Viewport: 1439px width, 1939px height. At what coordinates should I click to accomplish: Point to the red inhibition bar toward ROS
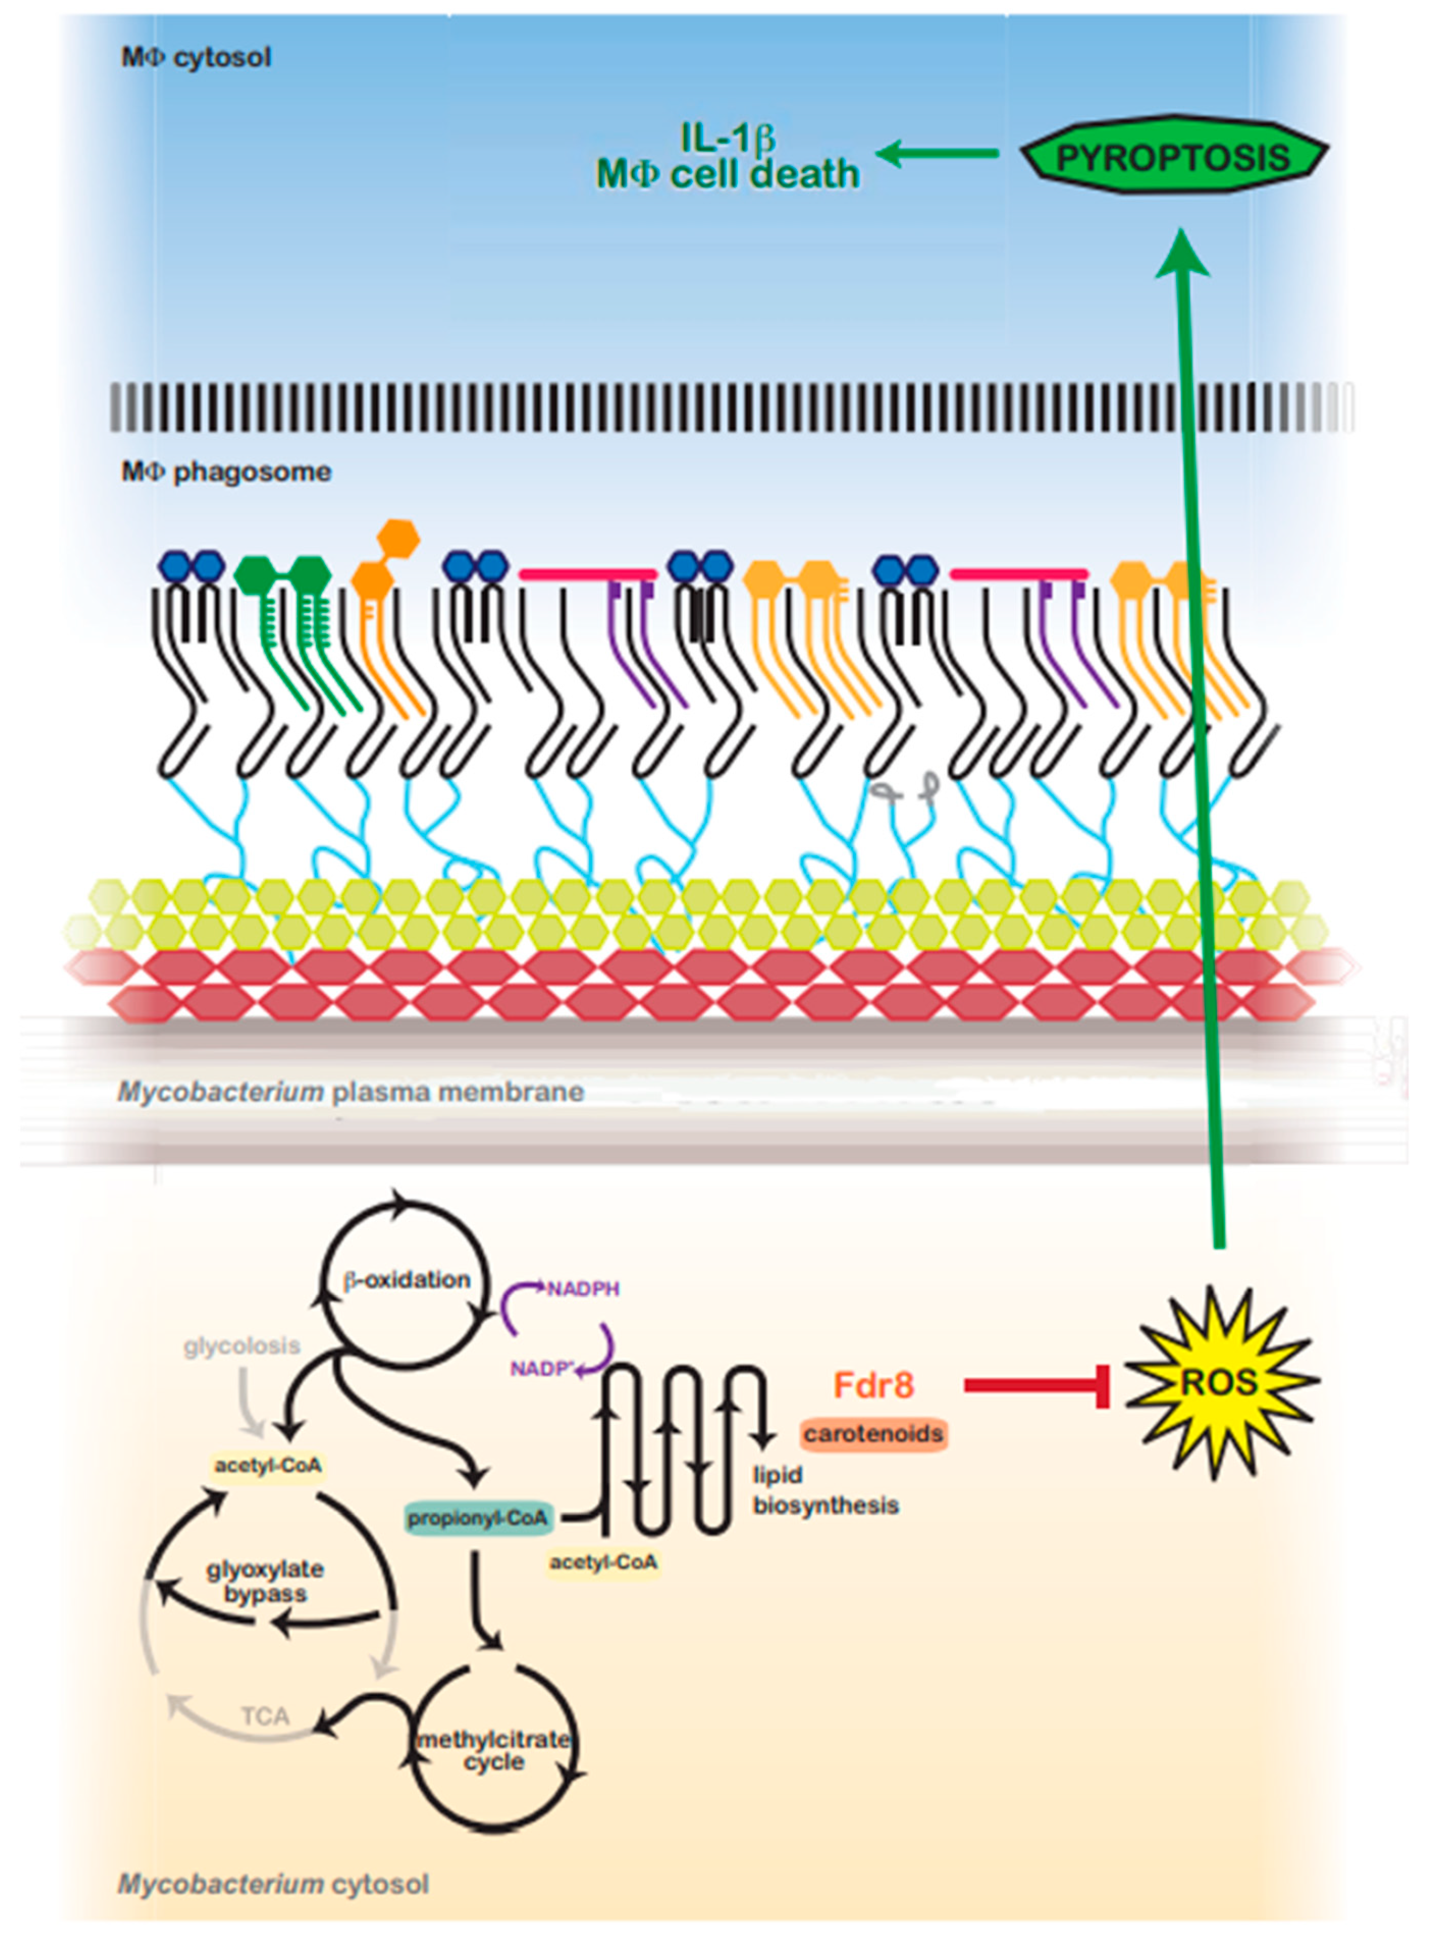point(1036,1384)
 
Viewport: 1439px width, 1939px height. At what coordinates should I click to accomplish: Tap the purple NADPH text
point(583,1288)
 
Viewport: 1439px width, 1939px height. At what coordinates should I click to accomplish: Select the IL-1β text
point(727,138)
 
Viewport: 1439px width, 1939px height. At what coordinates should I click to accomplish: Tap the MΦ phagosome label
point(226,472)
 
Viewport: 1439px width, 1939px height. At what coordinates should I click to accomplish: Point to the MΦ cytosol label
point(196,58)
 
